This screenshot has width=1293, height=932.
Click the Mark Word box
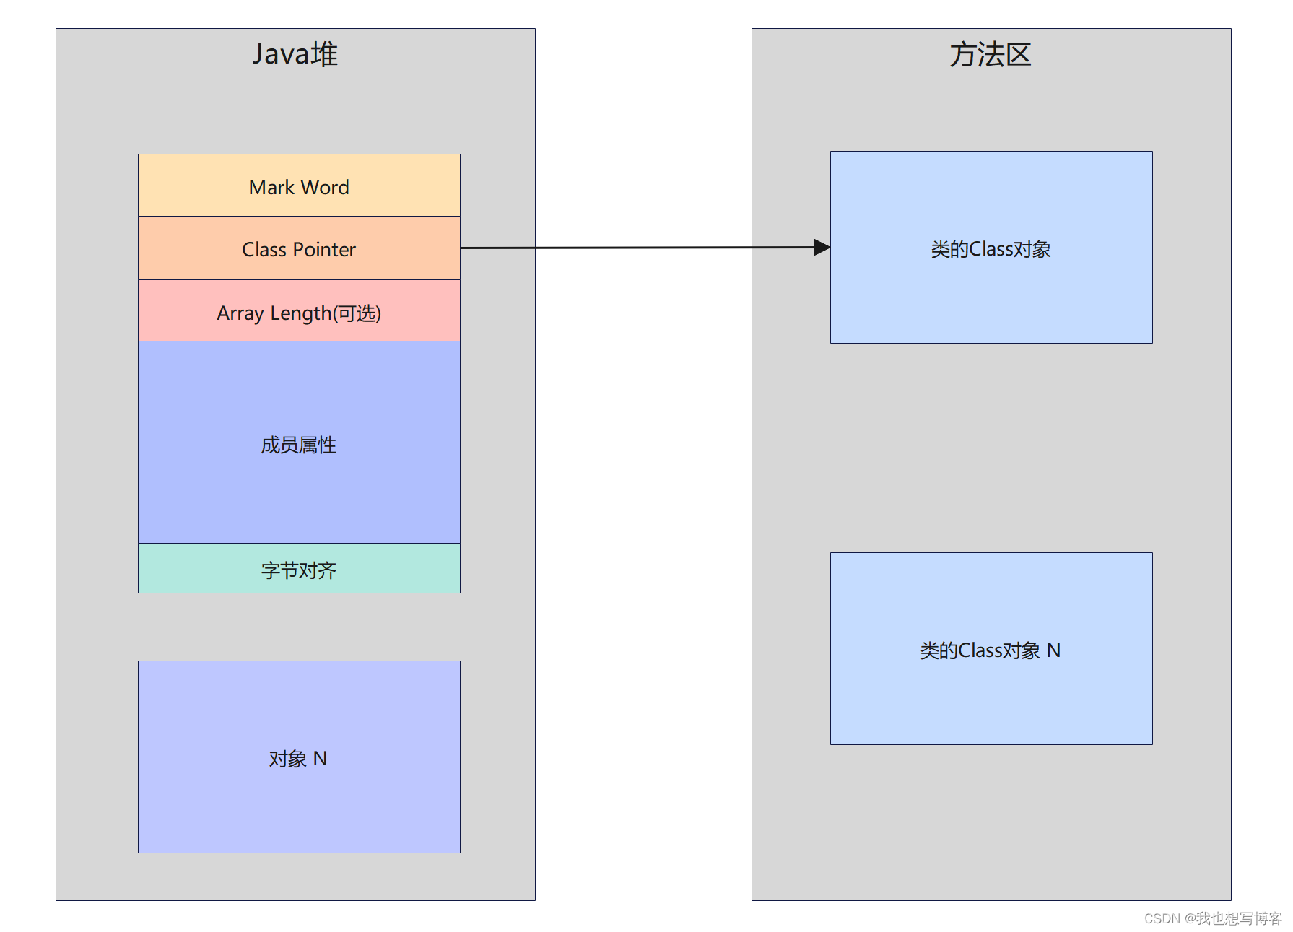coord(299,186)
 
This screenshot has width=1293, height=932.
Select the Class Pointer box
coord(299,248)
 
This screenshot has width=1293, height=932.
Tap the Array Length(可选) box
coord(299,310)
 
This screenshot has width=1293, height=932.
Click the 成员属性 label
coord(299,445)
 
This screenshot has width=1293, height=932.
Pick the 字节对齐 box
coord(299,568)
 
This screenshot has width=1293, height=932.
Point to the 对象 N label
coord(298,759)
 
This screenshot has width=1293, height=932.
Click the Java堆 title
coord(295,54)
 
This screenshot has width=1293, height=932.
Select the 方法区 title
coord(991,55)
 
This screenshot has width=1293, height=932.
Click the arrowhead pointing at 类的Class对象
coord(822,248)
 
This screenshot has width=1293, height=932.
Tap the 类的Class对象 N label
coord(991,650)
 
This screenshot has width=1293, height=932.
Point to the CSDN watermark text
coord(1213,918)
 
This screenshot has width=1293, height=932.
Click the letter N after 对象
coord(321,759)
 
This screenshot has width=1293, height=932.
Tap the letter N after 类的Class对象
coord(1054,650)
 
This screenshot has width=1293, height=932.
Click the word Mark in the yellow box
coord(271,188)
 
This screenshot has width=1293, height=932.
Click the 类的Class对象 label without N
coord(991,249)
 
